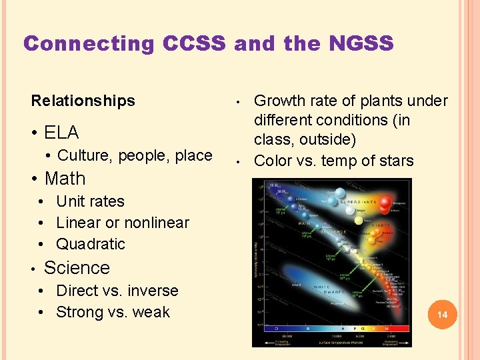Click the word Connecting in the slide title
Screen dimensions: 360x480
89,44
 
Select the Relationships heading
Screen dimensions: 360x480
83,101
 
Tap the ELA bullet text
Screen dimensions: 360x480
61,132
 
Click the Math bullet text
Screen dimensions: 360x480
65,179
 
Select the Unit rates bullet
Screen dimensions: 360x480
90,201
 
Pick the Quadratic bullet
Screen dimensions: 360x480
90,244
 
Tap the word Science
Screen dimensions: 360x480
77,268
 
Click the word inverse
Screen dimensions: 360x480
153,291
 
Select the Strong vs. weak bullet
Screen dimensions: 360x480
113,312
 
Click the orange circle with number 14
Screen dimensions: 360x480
441,313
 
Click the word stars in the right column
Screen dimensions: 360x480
395,161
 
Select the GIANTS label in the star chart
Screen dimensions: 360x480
381,225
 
